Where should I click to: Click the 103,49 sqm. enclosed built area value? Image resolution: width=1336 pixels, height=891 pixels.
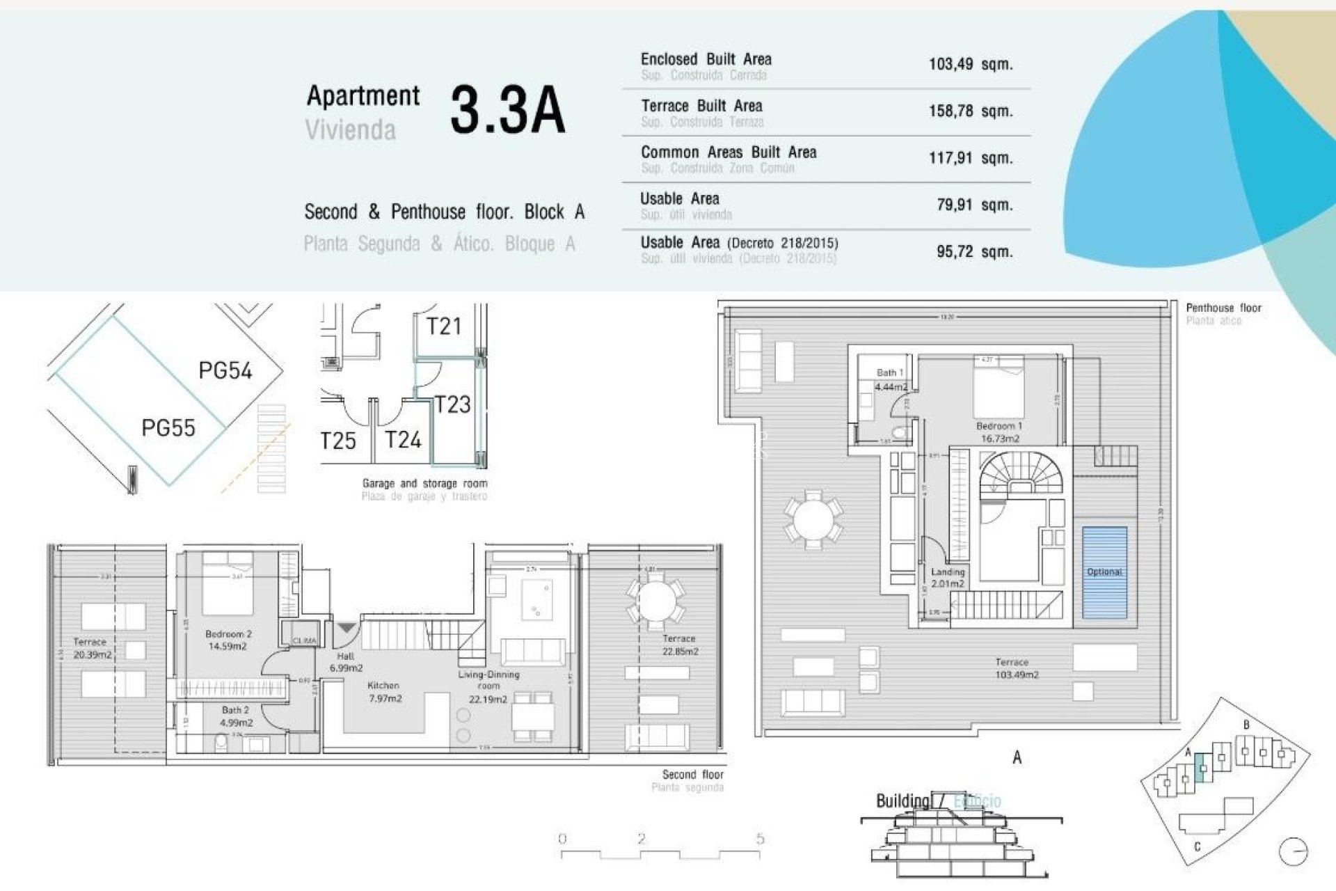[x=970, y=64]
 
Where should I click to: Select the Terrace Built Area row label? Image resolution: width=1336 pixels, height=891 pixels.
[x=701, y=106]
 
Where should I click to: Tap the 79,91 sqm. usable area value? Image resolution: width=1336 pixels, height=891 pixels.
[x=974, y=205]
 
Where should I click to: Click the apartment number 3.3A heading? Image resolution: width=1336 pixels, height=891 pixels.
[x=507, y=110]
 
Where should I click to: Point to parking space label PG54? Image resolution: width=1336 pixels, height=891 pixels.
[x=225, y=370]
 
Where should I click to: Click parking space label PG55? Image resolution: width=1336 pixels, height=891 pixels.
[x=168, y=427]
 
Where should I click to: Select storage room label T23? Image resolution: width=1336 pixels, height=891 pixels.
[x=452, y=404]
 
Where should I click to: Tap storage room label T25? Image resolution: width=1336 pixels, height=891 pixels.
[x=337, y=441]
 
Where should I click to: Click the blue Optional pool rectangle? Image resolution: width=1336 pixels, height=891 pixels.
[x=1104, y=572]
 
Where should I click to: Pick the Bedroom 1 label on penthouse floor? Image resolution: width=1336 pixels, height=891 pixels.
[x=999, y=426]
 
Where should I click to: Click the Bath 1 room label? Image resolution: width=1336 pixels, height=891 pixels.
[x=889, y=373]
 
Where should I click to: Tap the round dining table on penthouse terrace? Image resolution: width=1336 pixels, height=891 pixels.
[x=812, y=518]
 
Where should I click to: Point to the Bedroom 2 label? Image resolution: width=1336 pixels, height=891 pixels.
[x=228, y=634]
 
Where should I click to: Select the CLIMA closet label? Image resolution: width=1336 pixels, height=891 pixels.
[x=304, y=640]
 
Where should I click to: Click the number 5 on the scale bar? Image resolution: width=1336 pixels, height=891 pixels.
[x=760, y=839]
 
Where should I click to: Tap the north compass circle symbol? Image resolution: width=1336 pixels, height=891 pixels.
[x=1293, y=851]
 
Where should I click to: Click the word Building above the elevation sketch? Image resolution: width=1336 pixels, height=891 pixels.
[x=902, y=801]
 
